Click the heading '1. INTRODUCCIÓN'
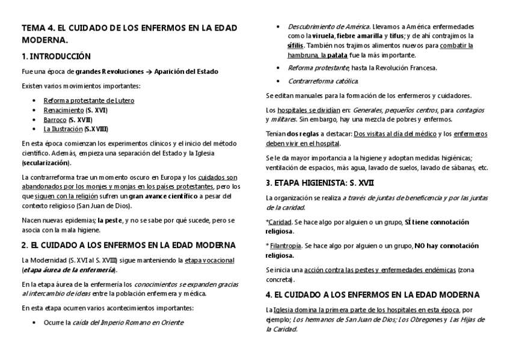[56, 56]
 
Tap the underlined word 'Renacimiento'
[63, 110]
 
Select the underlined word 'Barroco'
[55, 120]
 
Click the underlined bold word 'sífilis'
[295, 46]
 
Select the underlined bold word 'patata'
[337, 55]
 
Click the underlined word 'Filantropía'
[285, 246]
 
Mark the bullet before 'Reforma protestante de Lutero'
[35, 100]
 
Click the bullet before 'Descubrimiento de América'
[278, 26]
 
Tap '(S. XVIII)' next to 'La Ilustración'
[96, 129]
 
